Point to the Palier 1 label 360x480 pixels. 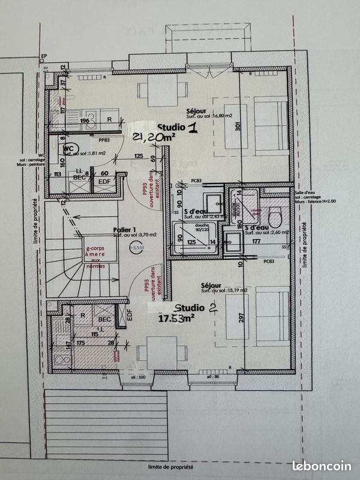[125, 230]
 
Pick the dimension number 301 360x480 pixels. [238, 127]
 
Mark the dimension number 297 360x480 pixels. [239, 317]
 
